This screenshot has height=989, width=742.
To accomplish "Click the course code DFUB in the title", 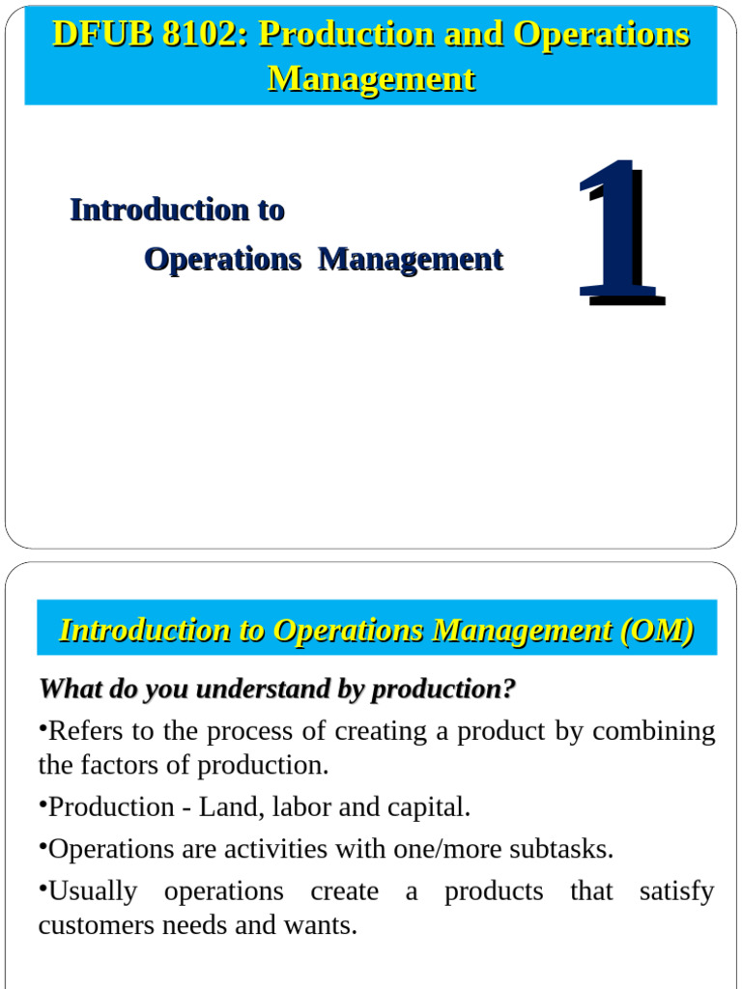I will (x=90, y=35).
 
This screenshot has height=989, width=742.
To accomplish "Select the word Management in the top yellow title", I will (x=371, y=78).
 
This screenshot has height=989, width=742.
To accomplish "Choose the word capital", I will (x=426, y=807).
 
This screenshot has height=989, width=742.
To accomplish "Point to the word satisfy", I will (x=676, y=891).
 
